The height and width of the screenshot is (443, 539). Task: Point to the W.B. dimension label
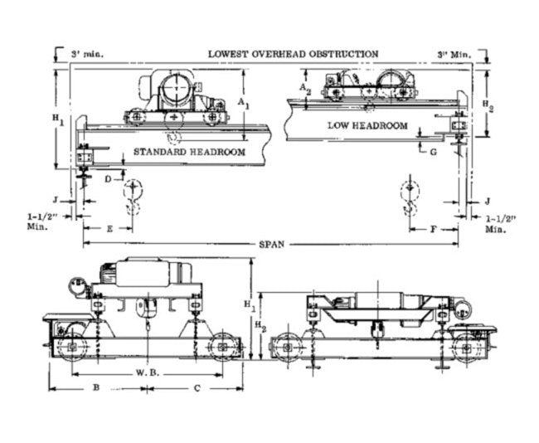coord(148,373)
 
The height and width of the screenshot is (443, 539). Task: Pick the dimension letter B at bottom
coord(96,387)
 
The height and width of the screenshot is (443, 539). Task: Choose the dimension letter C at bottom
coord(197,387)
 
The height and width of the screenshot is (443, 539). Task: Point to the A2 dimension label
coord(304,86)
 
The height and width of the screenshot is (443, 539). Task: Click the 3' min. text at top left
coord(86,55)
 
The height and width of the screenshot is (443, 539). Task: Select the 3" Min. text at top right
coord(454,55)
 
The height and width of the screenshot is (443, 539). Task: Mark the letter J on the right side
coord(488,201)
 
